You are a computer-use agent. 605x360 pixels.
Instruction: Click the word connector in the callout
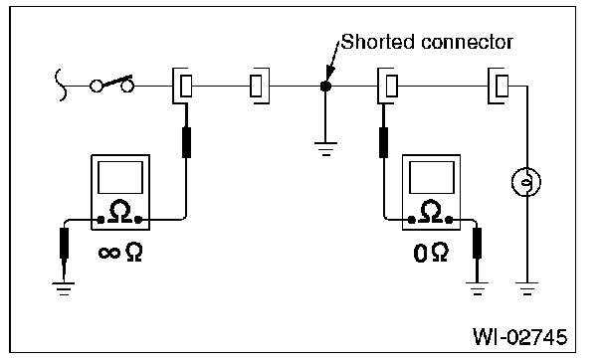coord(468,43)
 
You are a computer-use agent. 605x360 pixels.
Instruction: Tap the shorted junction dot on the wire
coord(325,86)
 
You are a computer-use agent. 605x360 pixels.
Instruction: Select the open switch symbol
coord(111,84)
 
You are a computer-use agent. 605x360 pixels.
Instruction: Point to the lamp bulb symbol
coord(526,182)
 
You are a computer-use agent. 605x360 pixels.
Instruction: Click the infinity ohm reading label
coord(120,253)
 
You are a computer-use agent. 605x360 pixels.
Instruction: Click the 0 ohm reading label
coord(431,253)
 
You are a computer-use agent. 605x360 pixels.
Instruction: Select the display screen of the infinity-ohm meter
coord(120,177)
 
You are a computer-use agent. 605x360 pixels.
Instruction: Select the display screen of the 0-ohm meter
coord(432,177)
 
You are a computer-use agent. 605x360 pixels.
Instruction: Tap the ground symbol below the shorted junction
coord(325,149)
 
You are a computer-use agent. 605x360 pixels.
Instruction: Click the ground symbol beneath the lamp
coord(527,288)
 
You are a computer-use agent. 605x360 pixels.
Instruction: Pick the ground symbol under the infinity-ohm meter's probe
coord(64,289)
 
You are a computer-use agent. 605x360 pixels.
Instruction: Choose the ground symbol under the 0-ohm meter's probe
coord(478,288)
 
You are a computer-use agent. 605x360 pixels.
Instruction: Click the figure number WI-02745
coord(520,336)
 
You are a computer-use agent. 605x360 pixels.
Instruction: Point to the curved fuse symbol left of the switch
coord(61,85)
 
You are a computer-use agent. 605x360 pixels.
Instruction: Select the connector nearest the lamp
coord(499,86)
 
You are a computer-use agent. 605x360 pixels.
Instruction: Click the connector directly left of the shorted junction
coord(260,86)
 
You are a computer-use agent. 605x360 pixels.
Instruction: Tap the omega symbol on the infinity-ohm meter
coord(120,211)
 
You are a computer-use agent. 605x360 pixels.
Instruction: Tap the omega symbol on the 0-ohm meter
coord(431,211)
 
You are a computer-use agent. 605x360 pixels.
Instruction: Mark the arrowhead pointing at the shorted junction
coord(329,75)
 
